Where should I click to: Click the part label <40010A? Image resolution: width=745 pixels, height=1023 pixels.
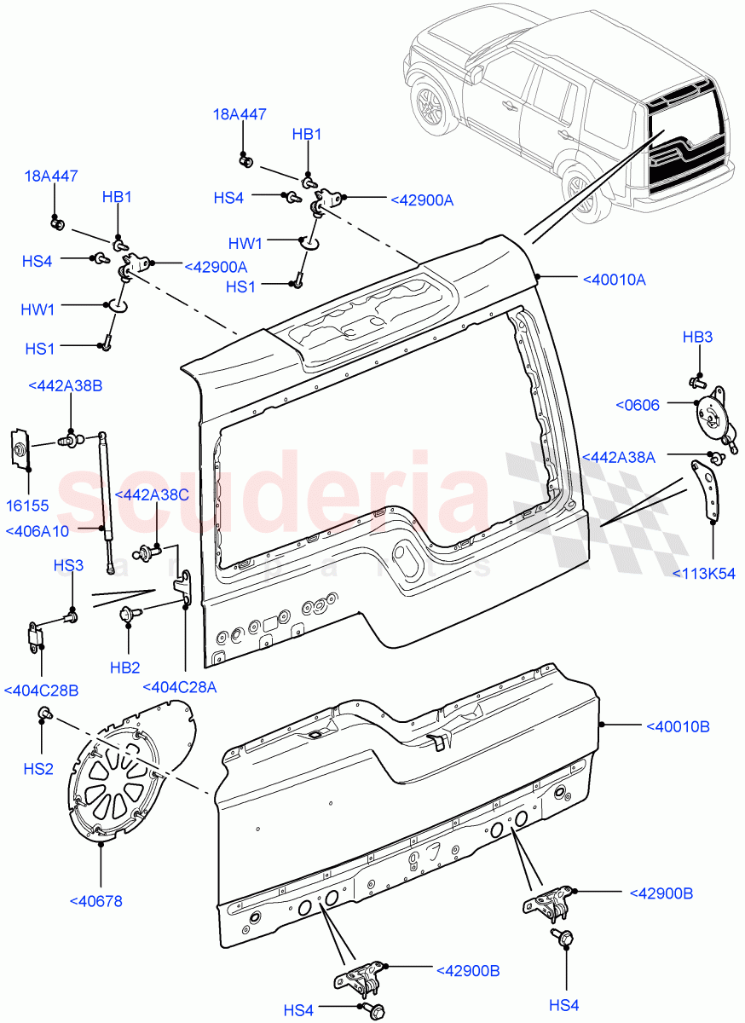tap(614, 279)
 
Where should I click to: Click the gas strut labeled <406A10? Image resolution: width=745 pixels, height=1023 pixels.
tap(107, 503)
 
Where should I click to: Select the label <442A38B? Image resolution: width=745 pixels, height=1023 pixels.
tap(65, 386)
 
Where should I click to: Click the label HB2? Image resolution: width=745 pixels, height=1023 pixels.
tap(126, 668)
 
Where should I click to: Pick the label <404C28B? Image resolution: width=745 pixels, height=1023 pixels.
tap(41, 690)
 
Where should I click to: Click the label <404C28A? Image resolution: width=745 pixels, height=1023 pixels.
tap(179, 687)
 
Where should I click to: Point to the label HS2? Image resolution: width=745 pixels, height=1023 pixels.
tap(38, 769)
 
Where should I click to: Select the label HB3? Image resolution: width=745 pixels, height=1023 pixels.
tap(697, 338)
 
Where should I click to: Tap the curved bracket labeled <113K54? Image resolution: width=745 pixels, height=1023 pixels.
tap(707, 491)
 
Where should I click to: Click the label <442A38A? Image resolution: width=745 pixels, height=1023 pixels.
tap(618, 458)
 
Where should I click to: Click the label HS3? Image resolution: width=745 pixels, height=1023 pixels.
tap(68, 565)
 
